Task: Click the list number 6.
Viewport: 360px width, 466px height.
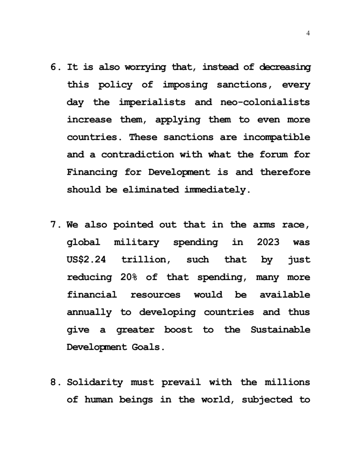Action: tap(55, 68)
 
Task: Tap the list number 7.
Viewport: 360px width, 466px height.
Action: tap(55, 225)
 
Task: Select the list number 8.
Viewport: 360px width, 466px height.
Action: tap(55, 383)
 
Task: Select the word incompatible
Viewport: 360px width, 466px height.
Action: tap(277, 137)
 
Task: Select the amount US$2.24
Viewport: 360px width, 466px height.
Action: tap(86, 260)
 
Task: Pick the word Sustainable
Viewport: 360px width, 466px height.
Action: tap(281, 330)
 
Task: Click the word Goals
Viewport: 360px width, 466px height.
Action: tap(150, 348)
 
